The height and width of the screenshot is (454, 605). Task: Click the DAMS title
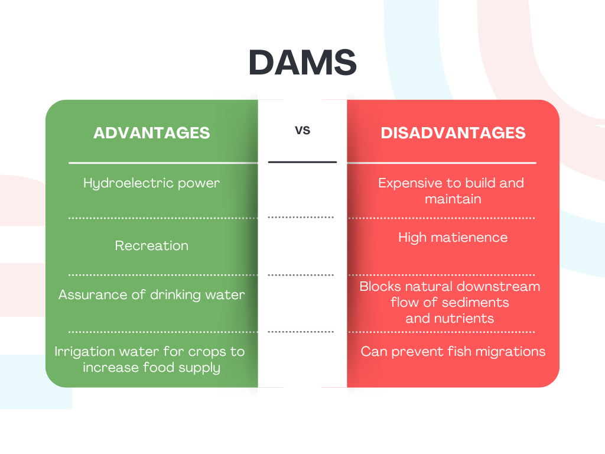point(302,63)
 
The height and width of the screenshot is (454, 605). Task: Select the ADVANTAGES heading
point(151,132)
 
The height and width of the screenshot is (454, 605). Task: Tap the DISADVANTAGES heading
point(453,132)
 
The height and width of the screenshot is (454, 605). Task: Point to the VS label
point(302,130)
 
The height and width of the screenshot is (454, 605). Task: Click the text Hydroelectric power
point(151,183)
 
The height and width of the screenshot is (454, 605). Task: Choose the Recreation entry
point(151,245)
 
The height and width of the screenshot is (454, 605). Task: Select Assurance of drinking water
point(151,294)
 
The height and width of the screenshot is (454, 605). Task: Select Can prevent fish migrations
point(453,352)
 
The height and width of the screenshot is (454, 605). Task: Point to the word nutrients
point(465,319)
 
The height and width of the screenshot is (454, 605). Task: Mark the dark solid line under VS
point(302,162)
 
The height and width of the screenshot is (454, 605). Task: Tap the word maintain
point(453,199)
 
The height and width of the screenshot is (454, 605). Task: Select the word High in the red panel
point(412,238)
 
